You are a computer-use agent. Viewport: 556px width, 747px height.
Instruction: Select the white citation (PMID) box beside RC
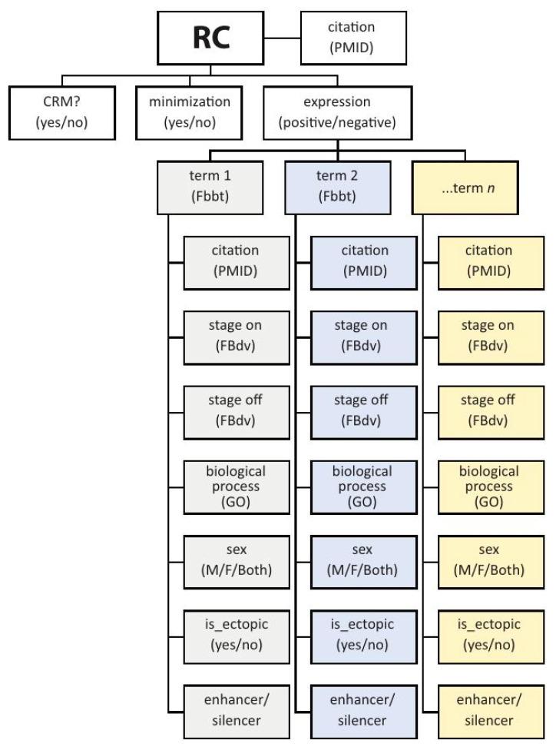(x=355, y=37)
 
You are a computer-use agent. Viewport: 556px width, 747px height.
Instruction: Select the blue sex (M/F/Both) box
(x=362, y=561)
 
